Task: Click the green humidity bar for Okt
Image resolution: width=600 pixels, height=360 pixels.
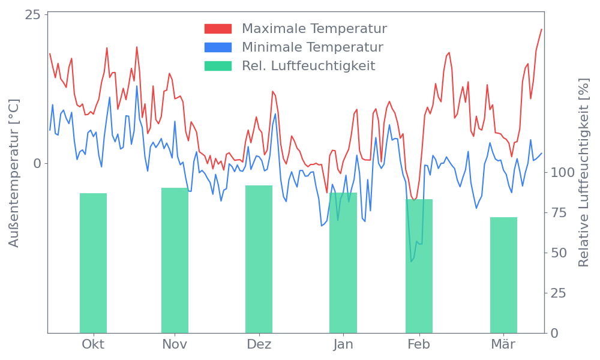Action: tap(93, 263)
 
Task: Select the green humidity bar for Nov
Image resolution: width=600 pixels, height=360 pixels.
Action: tap(175, 260)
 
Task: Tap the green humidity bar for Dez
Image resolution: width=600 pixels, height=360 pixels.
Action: tap(259, 259)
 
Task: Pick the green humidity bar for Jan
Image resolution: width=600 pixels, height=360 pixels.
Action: tap(343, 263)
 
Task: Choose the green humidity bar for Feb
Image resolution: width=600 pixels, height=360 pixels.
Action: tap(419, 266)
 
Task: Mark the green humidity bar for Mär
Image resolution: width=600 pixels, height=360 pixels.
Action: tap(503, 275)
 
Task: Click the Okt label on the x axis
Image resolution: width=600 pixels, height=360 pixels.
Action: tap(93, 344)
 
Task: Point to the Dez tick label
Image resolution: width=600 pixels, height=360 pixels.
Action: tap(259, 344)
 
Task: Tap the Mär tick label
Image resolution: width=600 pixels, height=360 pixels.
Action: tap(503, 344)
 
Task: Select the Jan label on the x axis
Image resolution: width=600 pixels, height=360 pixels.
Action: tap(343, 344)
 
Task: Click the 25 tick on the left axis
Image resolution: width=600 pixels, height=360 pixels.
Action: tap(32, 14)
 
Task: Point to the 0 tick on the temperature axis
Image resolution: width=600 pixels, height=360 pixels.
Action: tap(37, 163)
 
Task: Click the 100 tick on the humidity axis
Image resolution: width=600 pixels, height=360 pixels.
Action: tap(563, 173)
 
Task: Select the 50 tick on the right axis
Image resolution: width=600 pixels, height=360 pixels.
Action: tap(559, 253)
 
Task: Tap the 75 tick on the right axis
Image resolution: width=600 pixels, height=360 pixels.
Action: tap(559, 213)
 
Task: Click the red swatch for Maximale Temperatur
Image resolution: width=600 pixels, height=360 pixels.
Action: tap(218, 29)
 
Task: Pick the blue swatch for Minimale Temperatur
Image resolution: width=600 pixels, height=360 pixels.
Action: tap(218, 47)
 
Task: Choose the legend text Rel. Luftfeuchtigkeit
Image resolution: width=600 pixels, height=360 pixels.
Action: tap(308, 66)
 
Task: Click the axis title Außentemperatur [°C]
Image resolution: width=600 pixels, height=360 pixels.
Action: tap(15, 173)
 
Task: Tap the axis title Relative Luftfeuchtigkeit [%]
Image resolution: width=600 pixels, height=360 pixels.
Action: tap(583, 173)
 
